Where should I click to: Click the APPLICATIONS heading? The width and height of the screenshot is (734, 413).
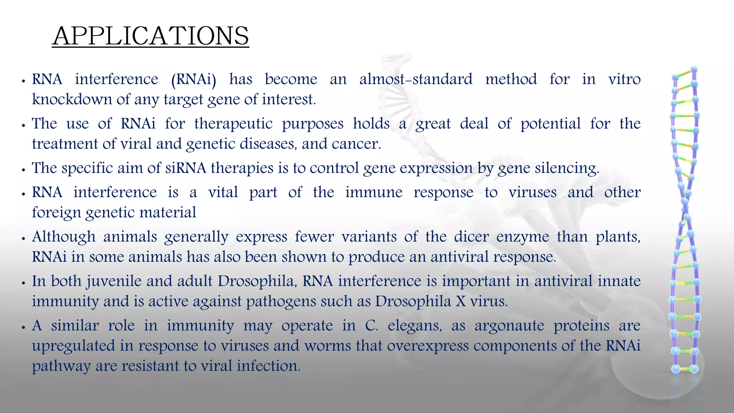coord(151,36)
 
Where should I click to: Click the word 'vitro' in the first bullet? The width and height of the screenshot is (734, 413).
coord(624,79)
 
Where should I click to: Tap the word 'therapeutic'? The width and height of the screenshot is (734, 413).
coord(233,124)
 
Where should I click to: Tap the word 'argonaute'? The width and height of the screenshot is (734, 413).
coord(509,326)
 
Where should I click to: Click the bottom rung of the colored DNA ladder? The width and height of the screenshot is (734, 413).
coord(685,369)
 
